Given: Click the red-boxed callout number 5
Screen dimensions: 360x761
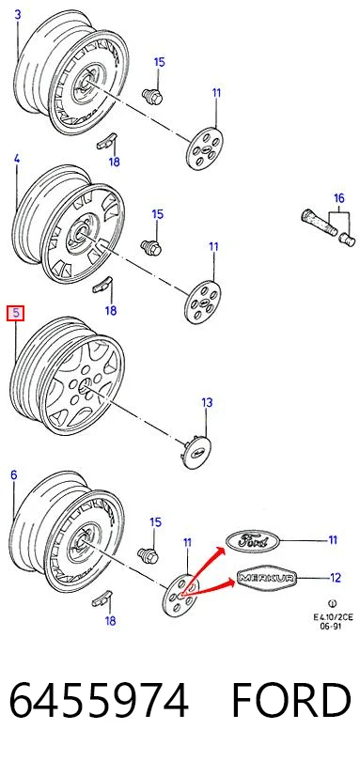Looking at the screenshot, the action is pyautogui.click(x=16, y=314).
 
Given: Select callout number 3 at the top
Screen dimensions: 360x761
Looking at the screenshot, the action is pyautogui.click(x=18, y=14).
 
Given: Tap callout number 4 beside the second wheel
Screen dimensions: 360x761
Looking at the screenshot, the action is pyautogui.click(x=17, y=158).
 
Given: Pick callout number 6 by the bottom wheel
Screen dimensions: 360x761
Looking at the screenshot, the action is pyautogui.click(x=13, y=474).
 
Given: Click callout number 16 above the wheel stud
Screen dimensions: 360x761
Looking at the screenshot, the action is pyautogui.click(x=339, y=198).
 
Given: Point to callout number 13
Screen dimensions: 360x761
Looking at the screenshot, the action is pyautogui.click(x=207, y=402).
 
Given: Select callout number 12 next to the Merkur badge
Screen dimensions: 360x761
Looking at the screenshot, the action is pyautogui.click(x=336, y=578).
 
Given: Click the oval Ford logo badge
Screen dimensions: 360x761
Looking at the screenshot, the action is pyautogui.click(x=253, y=539).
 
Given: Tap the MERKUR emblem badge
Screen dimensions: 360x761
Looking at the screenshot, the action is pyautogui.click(x=266, y=578).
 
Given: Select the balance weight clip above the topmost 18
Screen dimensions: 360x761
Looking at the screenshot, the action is pyautogui.click(x=107, y=141).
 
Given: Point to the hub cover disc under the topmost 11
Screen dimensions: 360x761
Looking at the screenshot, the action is pyautogui.click(x=204, y=148).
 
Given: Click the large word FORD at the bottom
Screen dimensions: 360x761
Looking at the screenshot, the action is pyautogui.click(x=290, y=700).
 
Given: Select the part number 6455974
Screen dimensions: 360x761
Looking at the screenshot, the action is pyautogui.click(x=99, y=700).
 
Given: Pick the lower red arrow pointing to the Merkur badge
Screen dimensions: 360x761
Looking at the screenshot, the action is pyautogui.click(x=209, y=588).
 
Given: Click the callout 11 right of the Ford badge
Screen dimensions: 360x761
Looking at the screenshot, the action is pyautogui.click(x=333, y=539).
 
